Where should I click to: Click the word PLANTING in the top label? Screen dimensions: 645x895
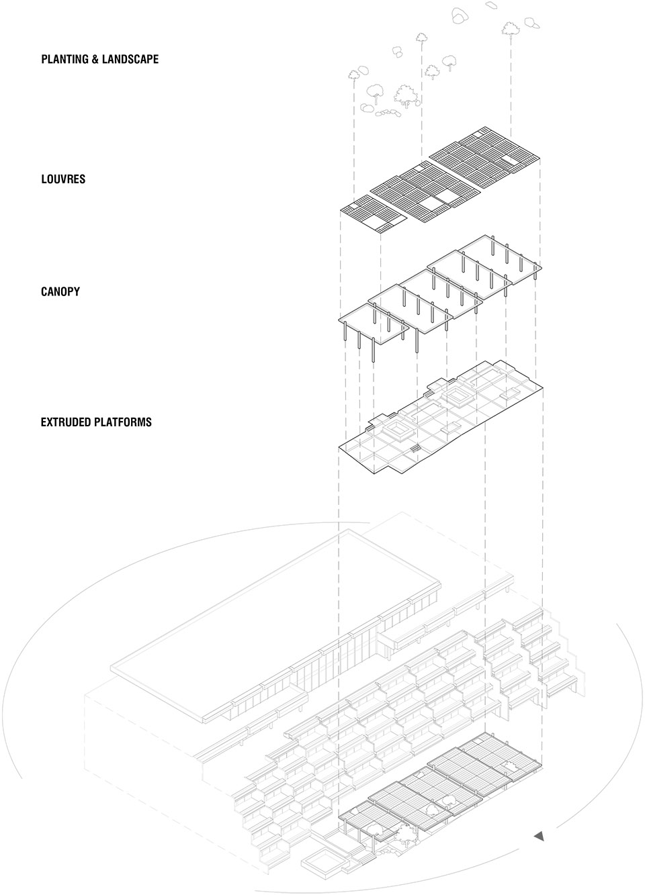(x=64, y=59)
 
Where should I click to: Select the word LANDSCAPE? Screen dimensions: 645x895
(x=130, y=59)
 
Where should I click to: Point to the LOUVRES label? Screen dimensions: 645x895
(x=63, y=179)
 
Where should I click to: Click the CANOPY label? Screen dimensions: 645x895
(x=60, y=291)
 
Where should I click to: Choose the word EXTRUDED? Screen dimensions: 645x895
(x=67, y=422)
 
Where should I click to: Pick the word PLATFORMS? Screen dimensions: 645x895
(x=124, y=422)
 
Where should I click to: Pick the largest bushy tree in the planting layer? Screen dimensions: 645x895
(x=406, y=96)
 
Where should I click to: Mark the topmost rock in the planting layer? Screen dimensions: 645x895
(x=492, y=4)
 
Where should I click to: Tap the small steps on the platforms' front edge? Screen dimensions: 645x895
(x=416, y=448)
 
